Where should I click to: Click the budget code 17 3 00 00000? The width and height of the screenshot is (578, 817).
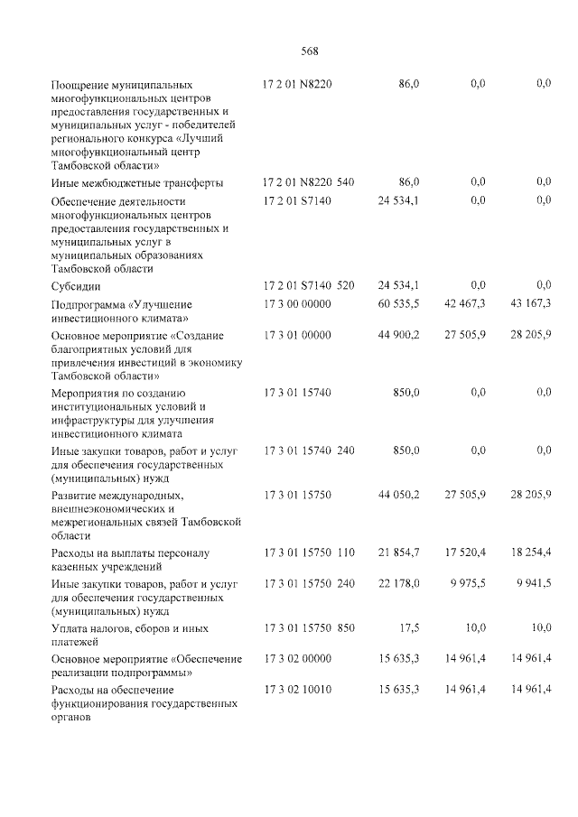coord(297,304)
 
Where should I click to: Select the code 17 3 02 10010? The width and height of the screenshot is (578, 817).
coord(297,690)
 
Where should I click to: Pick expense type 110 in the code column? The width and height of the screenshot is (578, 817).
coord(346,552)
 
